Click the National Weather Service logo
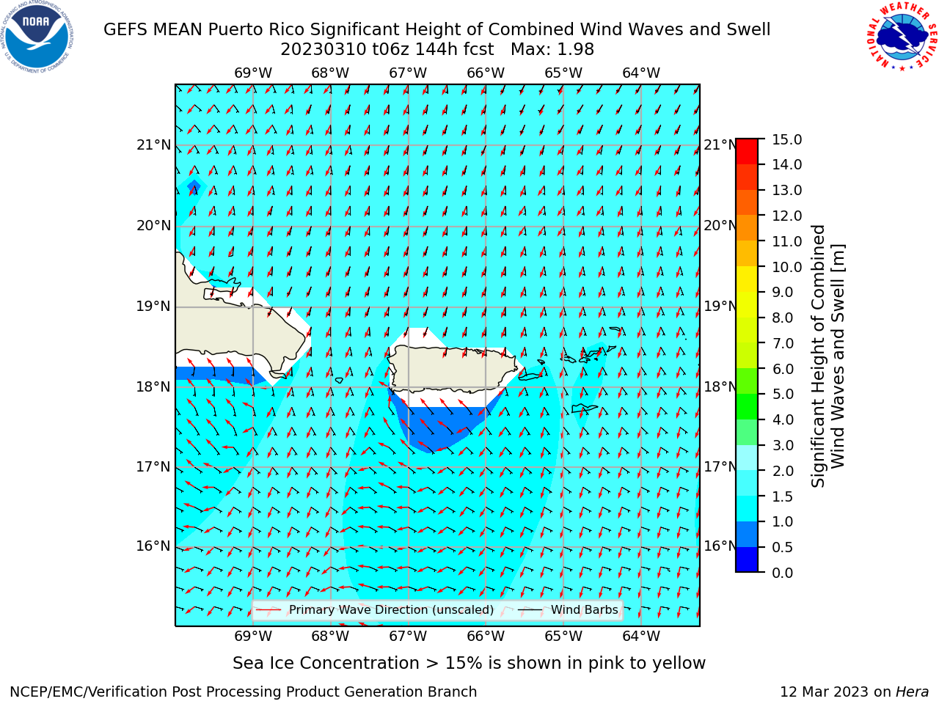click(902, 36)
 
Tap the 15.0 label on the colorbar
click(786, 139)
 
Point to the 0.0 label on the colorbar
click(783, 573)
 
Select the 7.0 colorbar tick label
click(783, 343)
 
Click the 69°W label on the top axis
click(253, 73)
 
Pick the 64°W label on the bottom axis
click(641, 636)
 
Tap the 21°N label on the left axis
click(153, 145)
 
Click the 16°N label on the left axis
click(153, 546)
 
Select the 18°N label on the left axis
click(153, 387)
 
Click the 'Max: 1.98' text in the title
click(552, 49)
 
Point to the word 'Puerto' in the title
click(235, 29)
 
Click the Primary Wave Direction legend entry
click(375, 610)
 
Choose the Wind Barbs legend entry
click(568, 610)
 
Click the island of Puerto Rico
click(453, 368)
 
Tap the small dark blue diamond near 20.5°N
click(194, 187)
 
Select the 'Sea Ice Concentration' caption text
click(326, 663)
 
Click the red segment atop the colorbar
click(747, 151)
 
